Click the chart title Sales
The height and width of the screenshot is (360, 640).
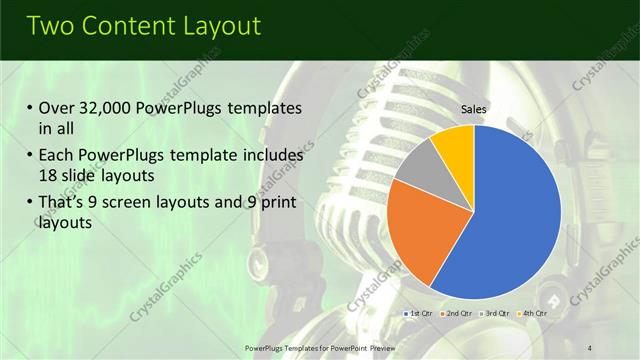(474, 109)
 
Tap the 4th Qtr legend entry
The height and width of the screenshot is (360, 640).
(534, 313)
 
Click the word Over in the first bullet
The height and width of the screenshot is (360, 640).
(57, 108)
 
